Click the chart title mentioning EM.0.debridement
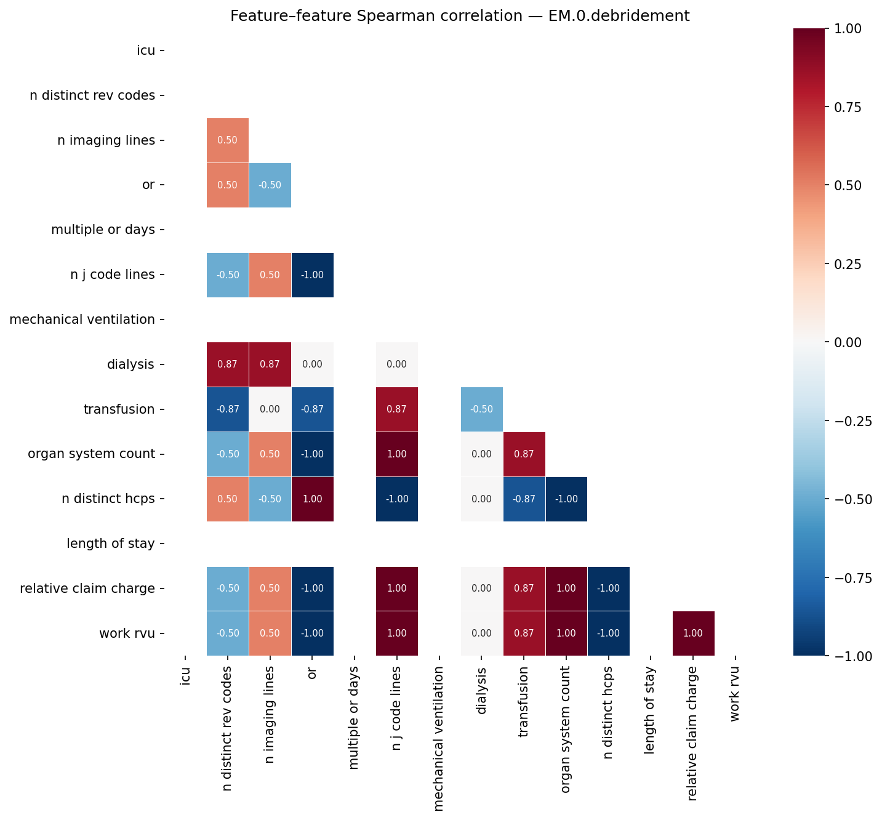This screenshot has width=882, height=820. (x=460, y=16)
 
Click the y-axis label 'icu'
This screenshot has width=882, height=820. (x=146, y=50)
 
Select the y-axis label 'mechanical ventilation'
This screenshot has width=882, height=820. (x=82, y=320)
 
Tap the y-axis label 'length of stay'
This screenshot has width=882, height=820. (x=111, y=544)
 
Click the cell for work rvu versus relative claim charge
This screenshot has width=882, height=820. (x=693, y=633)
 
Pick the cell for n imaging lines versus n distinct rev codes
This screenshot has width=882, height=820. (x=228, y=140)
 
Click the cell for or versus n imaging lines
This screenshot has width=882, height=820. (x=270, y=185)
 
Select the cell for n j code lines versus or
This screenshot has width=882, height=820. (x=313, y=275)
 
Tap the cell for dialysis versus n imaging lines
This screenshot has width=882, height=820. (x=270, y=364)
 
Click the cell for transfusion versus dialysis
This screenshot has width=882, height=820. (x=481, y=409)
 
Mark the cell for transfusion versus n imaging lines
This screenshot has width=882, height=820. (x=270, y=409)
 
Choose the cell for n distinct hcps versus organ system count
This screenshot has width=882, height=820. (x=566, y=499)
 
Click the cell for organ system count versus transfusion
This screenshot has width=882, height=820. (x=524, y=454)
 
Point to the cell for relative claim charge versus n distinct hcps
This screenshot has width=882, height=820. (x=608, y=589)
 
